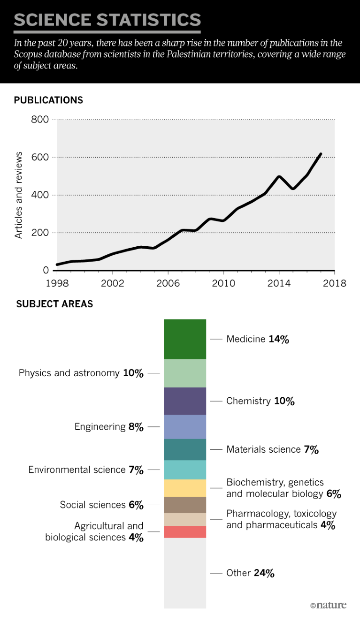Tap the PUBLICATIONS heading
pos(48,100)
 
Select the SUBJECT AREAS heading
pos(54,304)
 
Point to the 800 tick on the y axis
pos(40,120)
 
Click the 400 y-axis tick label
pos(40,195)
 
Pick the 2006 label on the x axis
pos(168,283)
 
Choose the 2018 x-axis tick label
pos(335,283)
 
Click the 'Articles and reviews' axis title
pos(19,195)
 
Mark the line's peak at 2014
pos(279,176)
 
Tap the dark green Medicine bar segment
pos(185,339)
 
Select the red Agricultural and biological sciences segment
pos(185,531)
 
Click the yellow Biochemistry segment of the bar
pos(185,488)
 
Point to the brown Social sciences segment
pos(185,505)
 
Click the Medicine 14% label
pos(257,339)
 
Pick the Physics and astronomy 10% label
pos(81,373)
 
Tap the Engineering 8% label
pos(109,427)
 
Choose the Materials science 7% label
pos(272,449)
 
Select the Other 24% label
pos(250,573)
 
